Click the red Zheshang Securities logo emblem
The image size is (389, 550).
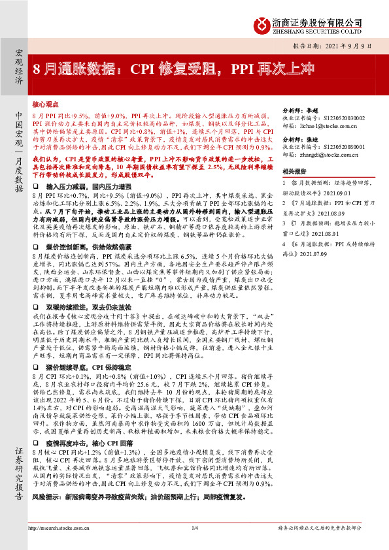click(x=262, y=24)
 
